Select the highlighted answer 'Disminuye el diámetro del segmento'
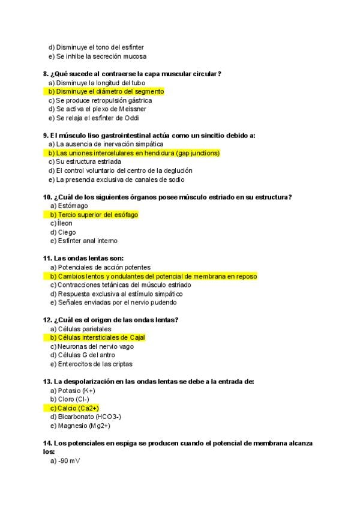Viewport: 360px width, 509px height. (110, 91)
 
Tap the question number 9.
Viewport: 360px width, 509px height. (45, 136)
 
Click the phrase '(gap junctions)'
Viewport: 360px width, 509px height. (194, 153)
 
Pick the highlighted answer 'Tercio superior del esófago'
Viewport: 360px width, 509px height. (98, 215)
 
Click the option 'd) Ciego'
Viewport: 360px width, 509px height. (63, 232)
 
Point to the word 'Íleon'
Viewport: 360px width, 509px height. (65, 223)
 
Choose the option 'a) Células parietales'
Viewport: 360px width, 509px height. (81, 329)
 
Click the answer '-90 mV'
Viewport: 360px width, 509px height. (69, 461)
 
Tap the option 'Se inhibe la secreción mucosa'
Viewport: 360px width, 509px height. (101, 56)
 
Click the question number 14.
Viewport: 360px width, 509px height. (47, 443)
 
